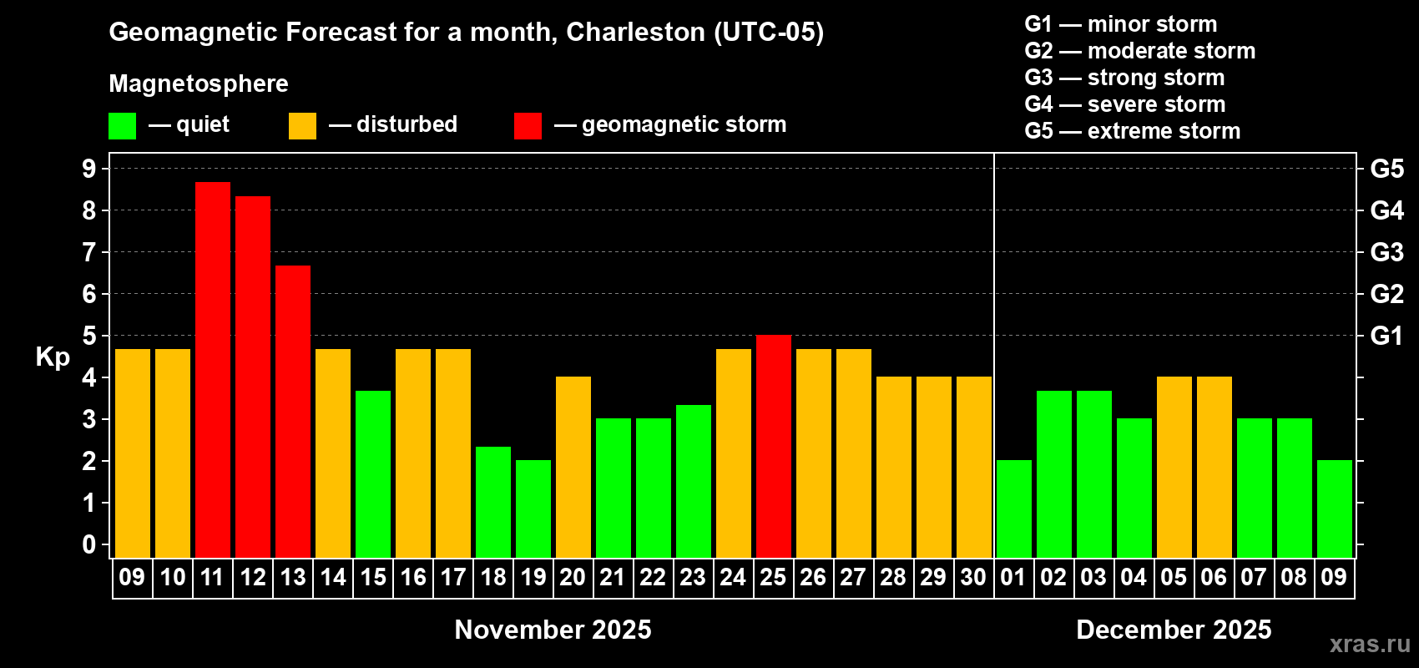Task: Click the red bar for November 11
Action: pos(213,369)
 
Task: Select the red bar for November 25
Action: pos(774,446)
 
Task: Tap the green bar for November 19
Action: pos(533,509)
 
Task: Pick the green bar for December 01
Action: pos(1014,509)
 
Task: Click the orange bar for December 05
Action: pos(1174,467)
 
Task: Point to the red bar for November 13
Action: pos(293,411)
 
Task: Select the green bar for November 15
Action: pos(373,473)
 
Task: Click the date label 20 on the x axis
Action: pos(573,577)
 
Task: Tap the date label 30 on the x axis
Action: pos(973,577)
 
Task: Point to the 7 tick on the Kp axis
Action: pos(89,252)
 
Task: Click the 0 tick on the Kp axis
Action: pos(89,544)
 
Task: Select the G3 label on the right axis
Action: pos(1386,252)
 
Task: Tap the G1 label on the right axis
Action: pos(1386,336)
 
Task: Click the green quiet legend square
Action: pos(122,126)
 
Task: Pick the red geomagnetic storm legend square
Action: pos(528,126)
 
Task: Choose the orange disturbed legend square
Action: pos(302,126)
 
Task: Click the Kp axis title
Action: pos(53,357)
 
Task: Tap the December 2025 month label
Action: pos(1174,630)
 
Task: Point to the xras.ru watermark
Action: pos(1370,644)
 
